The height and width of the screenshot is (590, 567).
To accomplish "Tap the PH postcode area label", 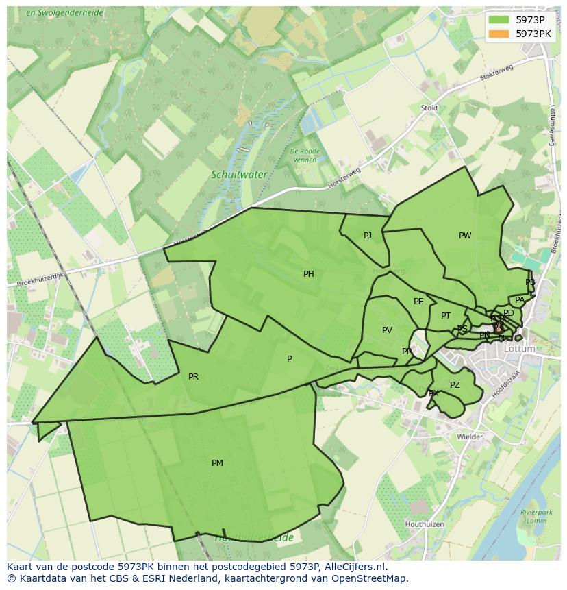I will click(309, 274).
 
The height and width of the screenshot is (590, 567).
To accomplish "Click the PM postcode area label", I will click(217, 463).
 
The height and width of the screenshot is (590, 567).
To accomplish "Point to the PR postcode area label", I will click(193, 377).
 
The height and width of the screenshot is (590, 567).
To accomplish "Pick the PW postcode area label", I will click(465, 236).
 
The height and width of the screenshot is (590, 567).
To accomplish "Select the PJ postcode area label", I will click(368, 236).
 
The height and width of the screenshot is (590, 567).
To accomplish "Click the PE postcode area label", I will click(418, 302).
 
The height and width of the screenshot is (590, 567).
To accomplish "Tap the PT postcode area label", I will click(446, 316).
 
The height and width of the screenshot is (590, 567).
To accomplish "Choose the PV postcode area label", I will click(387, 330).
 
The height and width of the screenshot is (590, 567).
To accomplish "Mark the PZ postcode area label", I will click(455, 385).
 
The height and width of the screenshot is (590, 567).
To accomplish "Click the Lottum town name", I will click(519, 349).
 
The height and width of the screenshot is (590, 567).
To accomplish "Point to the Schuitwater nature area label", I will click(239, 175).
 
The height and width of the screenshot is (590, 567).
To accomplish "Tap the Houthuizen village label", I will click(425, 524).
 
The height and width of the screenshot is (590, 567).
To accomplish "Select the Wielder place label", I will click(470, 437).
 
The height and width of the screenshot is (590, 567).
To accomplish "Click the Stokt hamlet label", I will click(429, 108).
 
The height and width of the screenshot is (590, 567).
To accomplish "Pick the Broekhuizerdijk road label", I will click(40, 279).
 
